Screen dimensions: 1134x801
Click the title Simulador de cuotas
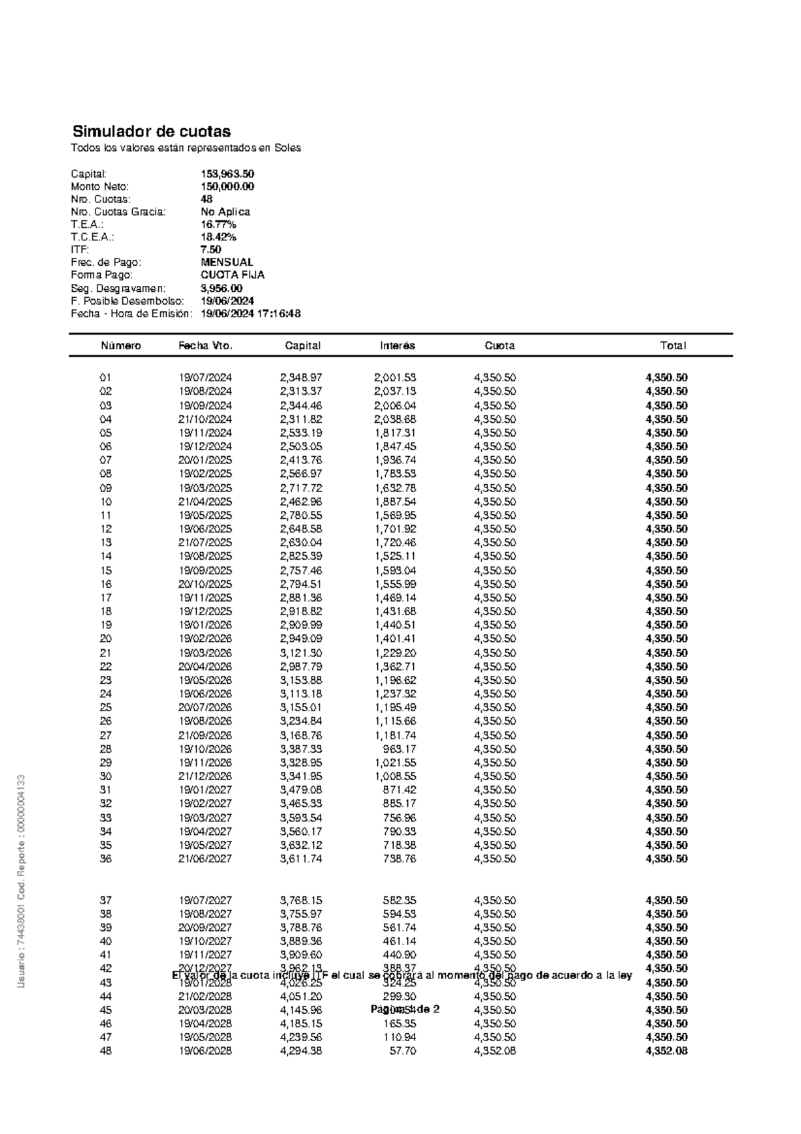152,131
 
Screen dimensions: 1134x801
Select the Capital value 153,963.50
227,174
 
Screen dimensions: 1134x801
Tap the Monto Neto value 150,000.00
227,186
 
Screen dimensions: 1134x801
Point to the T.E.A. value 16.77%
218,224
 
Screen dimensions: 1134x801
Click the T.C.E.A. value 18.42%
218,237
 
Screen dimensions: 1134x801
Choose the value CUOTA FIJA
232,274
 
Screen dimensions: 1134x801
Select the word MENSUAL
227,262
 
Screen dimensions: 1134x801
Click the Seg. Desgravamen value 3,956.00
222,289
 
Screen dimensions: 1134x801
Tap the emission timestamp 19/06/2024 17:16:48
250,313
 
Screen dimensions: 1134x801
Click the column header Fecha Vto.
205,345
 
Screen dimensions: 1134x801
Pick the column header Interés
398,345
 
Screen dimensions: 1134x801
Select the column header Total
673,345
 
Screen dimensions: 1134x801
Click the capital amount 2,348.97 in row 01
301,377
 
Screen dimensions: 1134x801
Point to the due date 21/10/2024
205,419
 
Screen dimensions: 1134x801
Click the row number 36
105,859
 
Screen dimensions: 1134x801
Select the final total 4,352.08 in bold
666,1051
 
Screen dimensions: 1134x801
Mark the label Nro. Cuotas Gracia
118,212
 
